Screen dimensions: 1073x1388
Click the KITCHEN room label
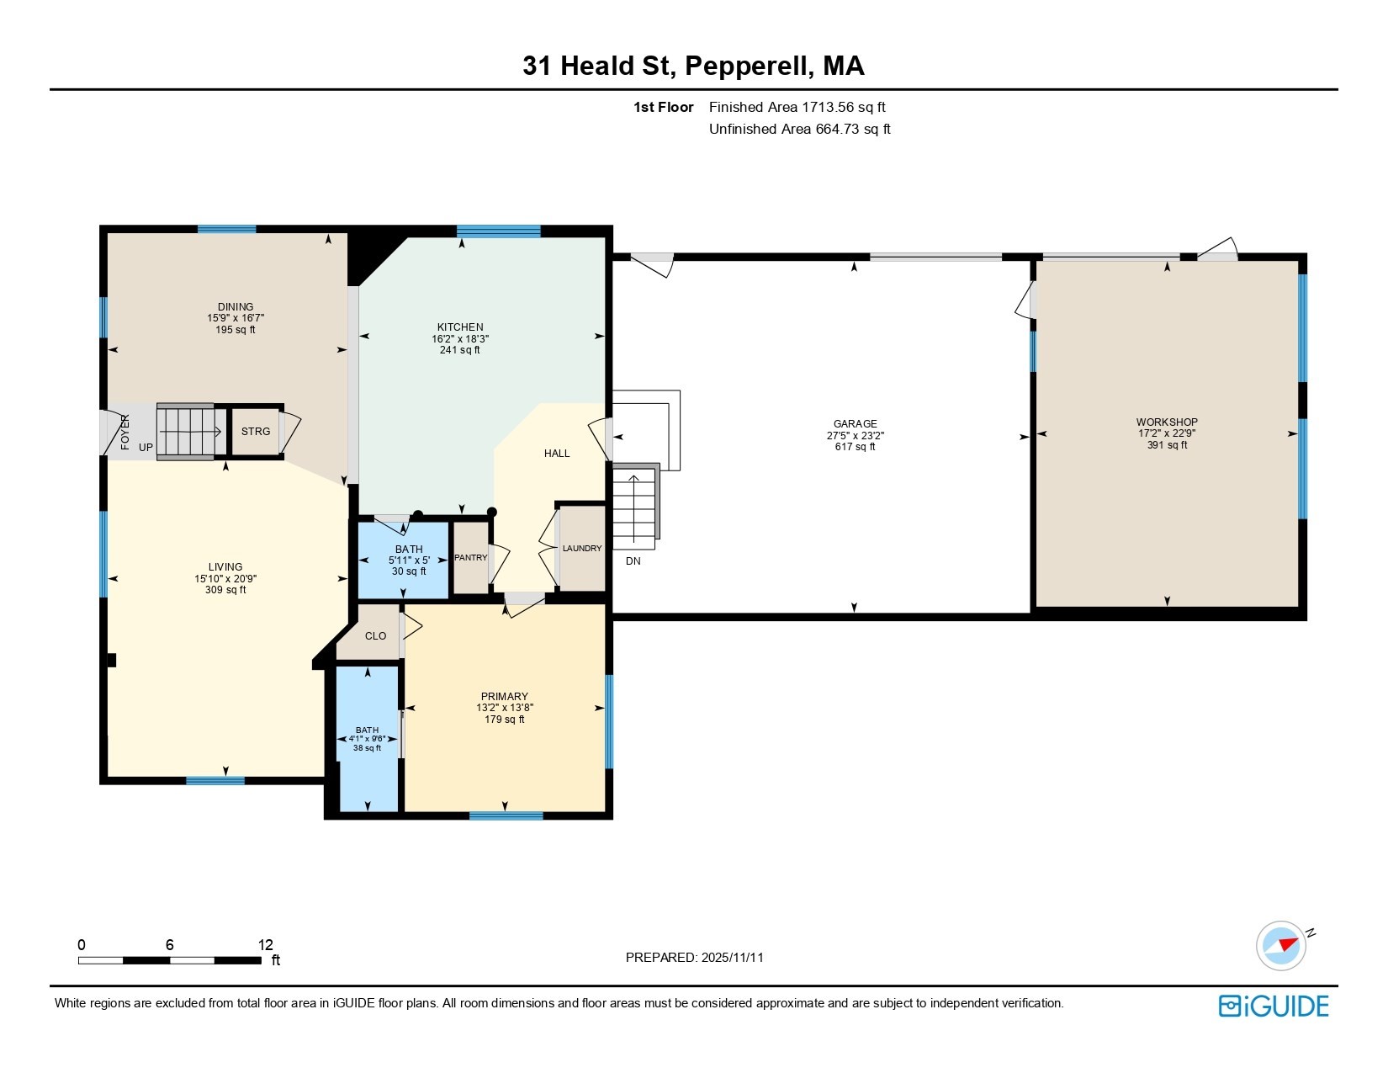coord(459,327)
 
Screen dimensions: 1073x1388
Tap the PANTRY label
coord(470,558)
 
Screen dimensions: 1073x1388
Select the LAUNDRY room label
coord(582,549)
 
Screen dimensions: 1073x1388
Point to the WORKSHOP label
coord(1167,422)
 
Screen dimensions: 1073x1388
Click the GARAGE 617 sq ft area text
coord(855,447)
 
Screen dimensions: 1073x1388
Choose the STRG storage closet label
coord(256,432)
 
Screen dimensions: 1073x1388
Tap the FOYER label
coord(125,432)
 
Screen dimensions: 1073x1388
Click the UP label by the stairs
coord(146,448)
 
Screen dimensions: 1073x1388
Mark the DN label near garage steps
coord(633,561)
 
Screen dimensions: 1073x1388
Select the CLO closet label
coord(375,636)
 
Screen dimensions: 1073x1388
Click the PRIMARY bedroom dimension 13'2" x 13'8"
coord(504,708)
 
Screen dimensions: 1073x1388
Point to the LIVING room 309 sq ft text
coord(225,590)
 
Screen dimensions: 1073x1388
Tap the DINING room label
coord(236,307)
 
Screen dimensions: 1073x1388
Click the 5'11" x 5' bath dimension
coord(409,560)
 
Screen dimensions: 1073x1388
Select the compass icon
coord(1280,945)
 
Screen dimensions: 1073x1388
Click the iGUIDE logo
coord(1274,1006)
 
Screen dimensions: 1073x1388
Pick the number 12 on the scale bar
coord(266,945)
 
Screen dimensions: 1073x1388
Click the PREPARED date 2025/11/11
coord(731,958)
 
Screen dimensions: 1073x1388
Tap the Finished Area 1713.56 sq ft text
coord(797,107)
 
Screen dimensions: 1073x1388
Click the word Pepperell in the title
coord(749,66)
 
